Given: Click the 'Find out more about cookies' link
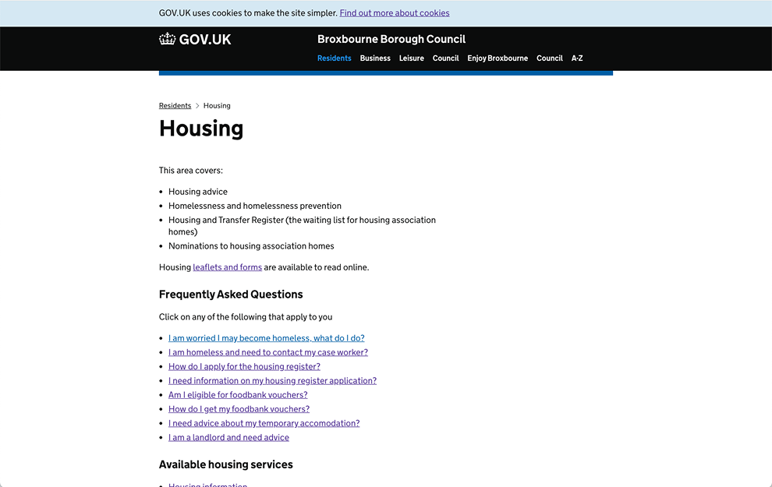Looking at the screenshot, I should point(394,13).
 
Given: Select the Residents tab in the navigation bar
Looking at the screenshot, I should point(334,58).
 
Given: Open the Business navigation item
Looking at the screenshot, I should point(375,58).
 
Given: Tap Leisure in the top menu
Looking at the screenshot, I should point(411,58).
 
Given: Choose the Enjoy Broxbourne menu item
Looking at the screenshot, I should point(498,58).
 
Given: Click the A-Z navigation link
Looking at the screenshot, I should point(577,58).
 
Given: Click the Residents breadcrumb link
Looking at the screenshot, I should point(175,106).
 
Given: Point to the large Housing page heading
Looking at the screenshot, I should point(201,129).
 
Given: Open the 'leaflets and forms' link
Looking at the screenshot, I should point(227,267).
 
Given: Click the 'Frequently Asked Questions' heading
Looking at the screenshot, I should point(231,295).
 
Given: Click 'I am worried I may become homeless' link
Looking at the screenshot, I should point(266,338).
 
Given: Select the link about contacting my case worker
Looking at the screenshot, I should point(267,352).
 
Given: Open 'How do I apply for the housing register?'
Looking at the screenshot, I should point(244,366).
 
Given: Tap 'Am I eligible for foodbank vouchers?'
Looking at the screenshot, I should point(238,395).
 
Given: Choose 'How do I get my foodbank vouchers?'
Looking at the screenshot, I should point(239,409).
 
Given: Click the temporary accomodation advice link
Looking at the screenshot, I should point(264,423).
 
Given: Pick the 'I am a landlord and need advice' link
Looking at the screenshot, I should point(228,437).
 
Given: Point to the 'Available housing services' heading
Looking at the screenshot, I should point(226,464).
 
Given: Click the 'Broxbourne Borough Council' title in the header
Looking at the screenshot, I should point(391,39).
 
